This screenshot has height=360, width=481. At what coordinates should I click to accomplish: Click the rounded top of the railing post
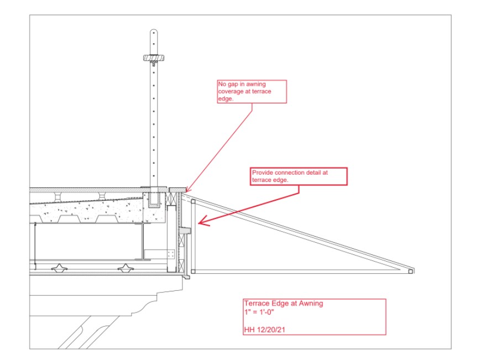154,32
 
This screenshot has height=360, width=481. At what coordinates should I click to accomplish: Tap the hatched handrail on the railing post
154,58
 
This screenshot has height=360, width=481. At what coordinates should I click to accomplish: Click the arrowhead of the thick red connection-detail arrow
203,222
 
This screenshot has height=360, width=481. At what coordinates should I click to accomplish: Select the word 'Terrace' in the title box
256,304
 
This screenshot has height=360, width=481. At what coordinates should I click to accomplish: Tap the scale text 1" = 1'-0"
259,312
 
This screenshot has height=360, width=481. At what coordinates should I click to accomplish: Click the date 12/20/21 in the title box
271,330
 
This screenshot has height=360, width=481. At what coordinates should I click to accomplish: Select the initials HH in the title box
249,330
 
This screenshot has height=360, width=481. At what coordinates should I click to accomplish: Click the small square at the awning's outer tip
410,272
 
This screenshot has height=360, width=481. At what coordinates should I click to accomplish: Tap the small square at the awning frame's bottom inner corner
194,272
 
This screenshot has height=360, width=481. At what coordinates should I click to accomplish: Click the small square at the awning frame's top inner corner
194,202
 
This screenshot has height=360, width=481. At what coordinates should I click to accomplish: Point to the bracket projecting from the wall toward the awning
185,230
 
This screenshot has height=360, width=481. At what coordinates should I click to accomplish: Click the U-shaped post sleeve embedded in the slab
154,200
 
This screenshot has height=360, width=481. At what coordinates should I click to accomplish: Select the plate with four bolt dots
171,254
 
